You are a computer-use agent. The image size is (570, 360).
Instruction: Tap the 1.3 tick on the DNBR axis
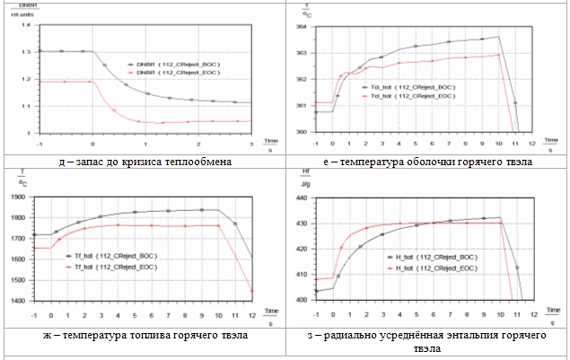[27, 51]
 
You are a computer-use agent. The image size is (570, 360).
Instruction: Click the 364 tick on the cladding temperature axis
[302, 27]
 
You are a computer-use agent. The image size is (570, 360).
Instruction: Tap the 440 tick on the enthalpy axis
[302, 196]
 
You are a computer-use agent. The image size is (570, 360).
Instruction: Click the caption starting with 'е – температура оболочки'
[425, 161]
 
